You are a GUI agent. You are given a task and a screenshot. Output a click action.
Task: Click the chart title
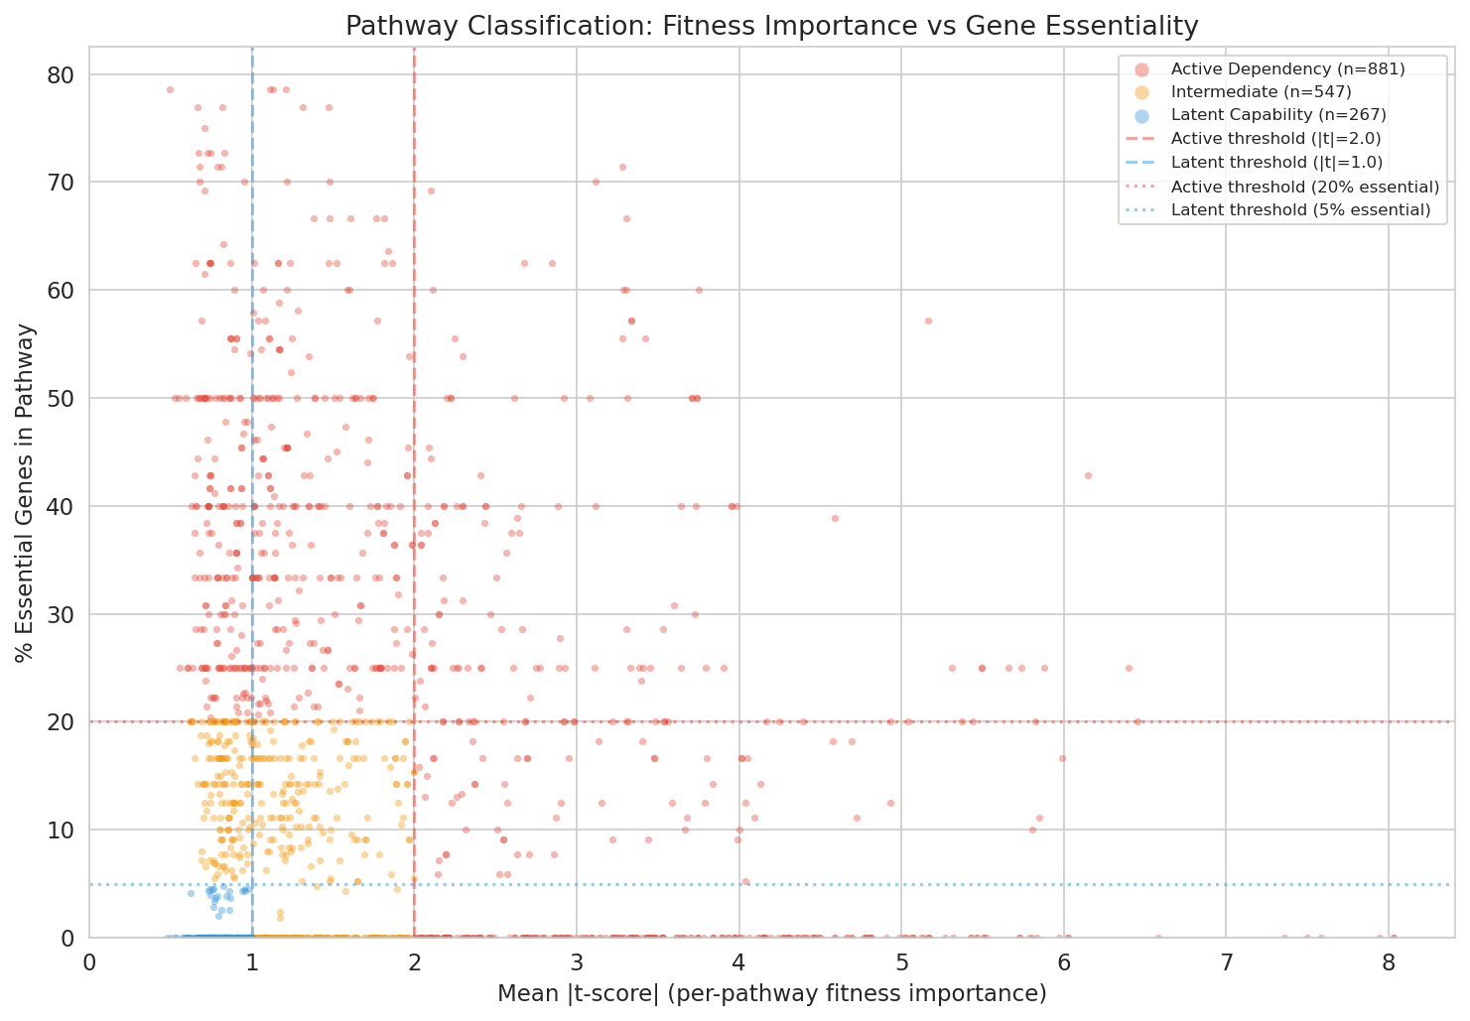[771, 27]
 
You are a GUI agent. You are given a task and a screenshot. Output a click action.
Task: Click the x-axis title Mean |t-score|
[771, 993]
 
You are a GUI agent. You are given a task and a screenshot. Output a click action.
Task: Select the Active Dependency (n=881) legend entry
[1287, 68]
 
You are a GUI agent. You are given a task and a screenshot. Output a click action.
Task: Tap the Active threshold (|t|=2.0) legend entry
[1275, 139]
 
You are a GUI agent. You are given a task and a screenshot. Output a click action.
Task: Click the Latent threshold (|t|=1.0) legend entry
[1276, 163]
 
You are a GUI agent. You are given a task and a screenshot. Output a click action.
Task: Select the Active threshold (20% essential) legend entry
[1304, 187]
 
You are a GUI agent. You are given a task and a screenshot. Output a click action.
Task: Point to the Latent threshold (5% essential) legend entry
[1300, 209]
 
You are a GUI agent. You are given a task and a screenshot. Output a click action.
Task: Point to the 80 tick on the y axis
[67, 74]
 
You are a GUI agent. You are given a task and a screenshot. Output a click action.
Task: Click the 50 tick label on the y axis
[67, 398]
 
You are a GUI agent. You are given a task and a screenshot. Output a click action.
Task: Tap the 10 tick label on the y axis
[67, 830]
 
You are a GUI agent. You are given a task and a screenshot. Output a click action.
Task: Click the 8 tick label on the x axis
[1388, 962]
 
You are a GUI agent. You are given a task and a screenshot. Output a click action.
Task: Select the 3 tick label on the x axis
[577, 962]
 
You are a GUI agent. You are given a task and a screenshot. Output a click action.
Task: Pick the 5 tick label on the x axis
[901, 962]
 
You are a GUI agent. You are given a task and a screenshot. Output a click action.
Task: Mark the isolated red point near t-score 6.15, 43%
[1088, 475]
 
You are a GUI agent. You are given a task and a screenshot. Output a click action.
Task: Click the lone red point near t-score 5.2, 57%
[928, 320]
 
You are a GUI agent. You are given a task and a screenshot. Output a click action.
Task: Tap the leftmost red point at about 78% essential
[170, 89]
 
